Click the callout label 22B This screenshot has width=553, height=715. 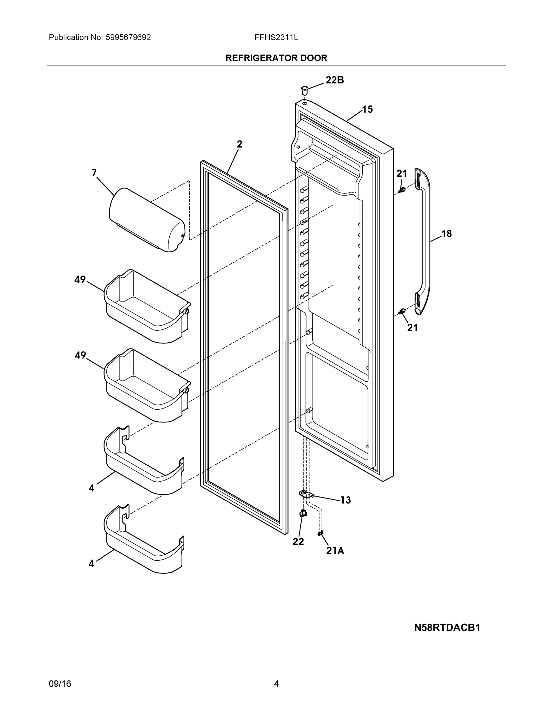pos(334,80)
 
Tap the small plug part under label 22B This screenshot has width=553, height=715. pos(305,90)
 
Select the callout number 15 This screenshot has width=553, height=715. pos(367,109)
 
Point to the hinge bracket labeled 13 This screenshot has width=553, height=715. pos(306,494)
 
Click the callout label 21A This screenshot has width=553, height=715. pos(335,551)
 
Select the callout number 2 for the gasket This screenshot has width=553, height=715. pos(239,144)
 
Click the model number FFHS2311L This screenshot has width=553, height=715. pos(276,38)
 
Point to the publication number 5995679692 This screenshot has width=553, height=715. pos(128,38)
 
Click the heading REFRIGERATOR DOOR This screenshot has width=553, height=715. pos(276,58)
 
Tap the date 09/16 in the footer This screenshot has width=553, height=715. pos(60,684)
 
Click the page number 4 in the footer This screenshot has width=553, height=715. pos(276,684)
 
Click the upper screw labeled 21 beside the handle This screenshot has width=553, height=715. pos(402,190)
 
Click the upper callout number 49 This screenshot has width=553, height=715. pos(80,279)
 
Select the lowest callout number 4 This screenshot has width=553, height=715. pos(92,563)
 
